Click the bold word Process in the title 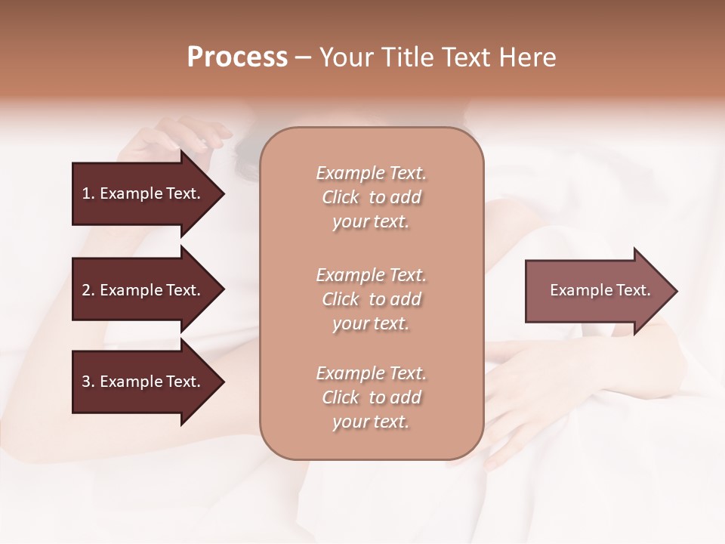(237, 57)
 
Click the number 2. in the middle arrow (88, 290)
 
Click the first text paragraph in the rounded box (371, 197)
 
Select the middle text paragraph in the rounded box (371, 299)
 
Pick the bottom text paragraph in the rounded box (371, 397)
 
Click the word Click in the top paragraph (341, 197)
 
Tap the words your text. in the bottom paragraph (371, 422)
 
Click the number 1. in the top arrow (88, 193)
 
